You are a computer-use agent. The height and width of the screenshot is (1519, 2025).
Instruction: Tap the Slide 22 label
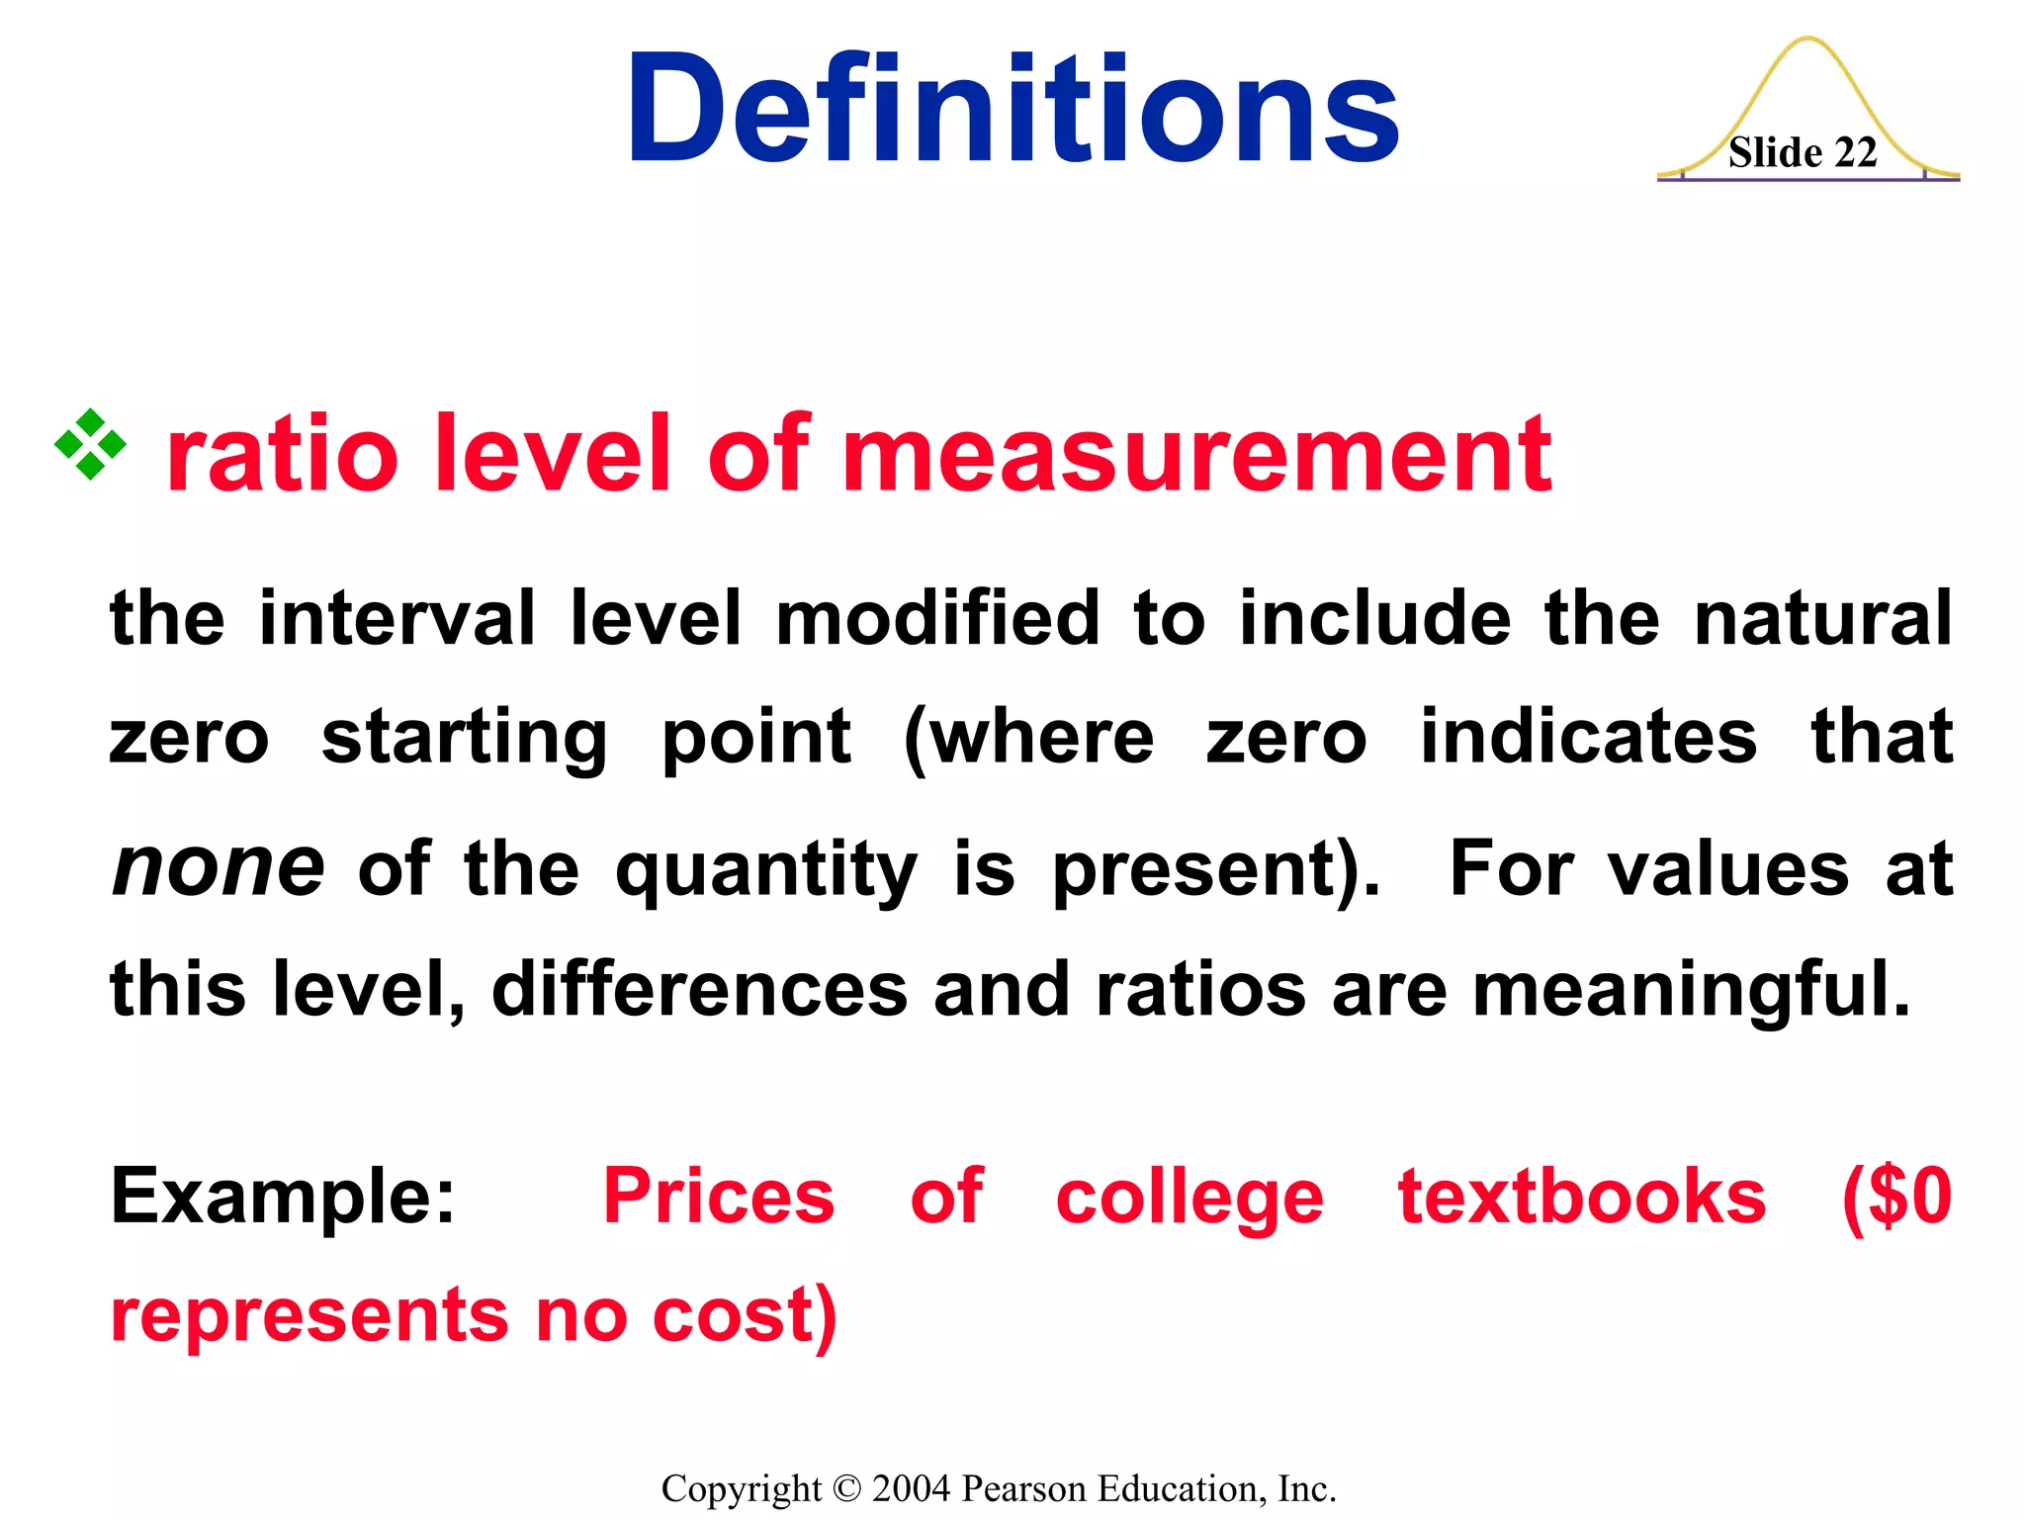pyautogui.click(x=1802, y=153)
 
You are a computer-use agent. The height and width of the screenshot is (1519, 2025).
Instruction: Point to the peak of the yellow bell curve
pyautogui.click(x=1808, y=40)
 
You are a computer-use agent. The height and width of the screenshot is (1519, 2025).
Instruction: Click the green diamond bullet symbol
pyautogui.click(x=90, y=444)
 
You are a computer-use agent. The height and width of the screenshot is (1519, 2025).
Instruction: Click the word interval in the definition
pyautogui.click(x=396, y=618)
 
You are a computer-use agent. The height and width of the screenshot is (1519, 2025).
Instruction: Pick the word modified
pyautogui.click(x=937, y=618)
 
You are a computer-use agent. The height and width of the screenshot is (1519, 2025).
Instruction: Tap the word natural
pyautogui.click(x=1823, y=618)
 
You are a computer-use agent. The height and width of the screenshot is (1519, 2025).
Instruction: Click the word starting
pyautogui.click(x=465, y=739)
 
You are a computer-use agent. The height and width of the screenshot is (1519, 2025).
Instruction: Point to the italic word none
pyautogui.click(x=219, y=867)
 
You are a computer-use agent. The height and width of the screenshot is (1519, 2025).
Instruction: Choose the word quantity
pyautogui.click(x=766, y=870)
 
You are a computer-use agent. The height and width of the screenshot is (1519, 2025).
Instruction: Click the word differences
pyautogui.click(x=699, y=989)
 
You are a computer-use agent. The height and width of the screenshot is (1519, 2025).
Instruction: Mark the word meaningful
pyautogui.click(x=1692, y=991)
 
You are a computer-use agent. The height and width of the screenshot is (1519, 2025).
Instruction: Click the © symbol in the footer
pyautogui.click(x=847, y=1488)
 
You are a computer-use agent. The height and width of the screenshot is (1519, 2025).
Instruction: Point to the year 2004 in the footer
pyautogui.click(x=912, y=1488)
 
